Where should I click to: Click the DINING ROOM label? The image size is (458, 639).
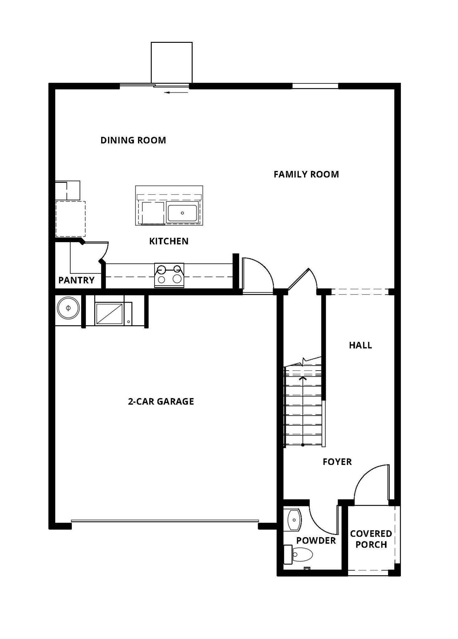(x=133, y=140)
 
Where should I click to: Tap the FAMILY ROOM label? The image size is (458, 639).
(x=306, y=174)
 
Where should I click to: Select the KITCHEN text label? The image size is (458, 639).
(x=169, y=241)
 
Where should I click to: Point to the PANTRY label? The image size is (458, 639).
(x=76, y=280)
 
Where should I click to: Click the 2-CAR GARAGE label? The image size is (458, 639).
(x=161, y=401)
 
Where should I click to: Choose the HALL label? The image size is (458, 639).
(x=361, y=345)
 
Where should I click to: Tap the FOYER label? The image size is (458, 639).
(x=337, y=462)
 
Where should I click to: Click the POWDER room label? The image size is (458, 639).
(x=316, y=540)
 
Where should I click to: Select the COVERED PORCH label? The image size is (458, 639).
(x=371, y=539)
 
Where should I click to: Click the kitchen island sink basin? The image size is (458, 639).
(x=182, y=213)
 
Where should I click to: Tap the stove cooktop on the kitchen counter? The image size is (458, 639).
(x=169, y=275)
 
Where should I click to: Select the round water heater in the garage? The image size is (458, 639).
(x=68, y=308)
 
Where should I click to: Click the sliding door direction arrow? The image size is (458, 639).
(x=177, y=93)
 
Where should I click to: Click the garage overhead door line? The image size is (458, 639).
(x=165, y=521)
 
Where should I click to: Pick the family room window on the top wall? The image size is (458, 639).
(x=315, y=86)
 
